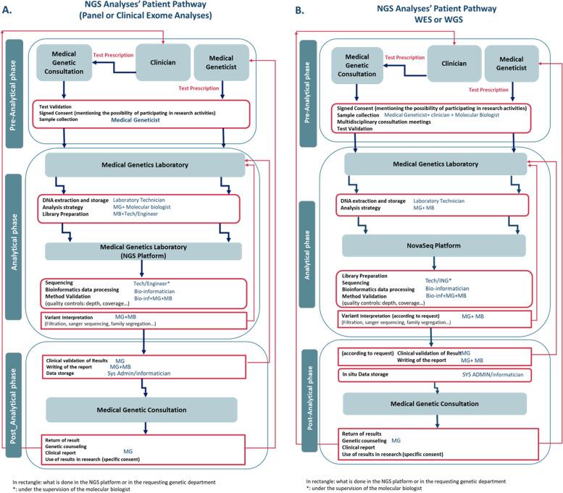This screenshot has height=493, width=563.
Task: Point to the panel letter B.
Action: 297,10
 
